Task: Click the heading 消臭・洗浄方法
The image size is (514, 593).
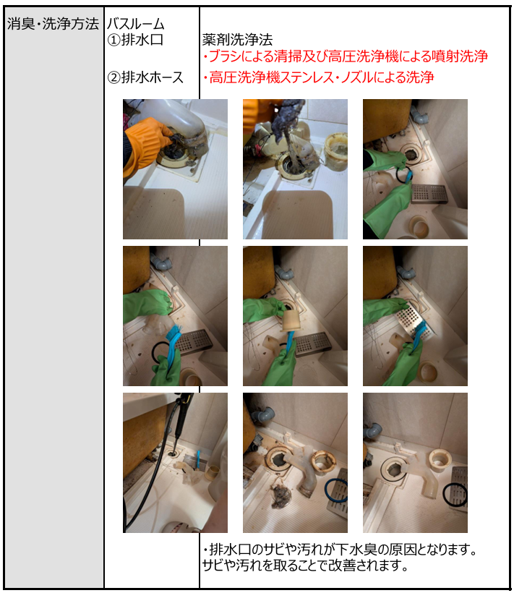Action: [x=53, y=24]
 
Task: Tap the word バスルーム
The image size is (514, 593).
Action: [x=136, y=24]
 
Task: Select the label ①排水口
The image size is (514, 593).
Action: [x=135, y=40]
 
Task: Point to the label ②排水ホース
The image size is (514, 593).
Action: [x=145, y=77]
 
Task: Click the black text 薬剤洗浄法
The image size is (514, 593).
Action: [x=237, y=40]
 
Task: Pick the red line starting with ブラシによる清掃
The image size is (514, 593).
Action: [x=345, y=56]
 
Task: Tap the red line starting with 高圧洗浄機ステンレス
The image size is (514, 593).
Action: [x=318, y=77]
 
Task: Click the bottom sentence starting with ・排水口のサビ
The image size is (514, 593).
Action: [x=340, y=550]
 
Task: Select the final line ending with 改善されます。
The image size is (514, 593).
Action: [x=305, y=566]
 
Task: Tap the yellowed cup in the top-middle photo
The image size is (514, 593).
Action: [x=335, y=150]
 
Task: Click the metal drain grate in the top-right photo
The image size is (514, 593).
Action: [x=429, y=193]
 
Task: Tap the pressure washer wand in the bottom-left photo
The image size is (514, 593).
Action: [x=181, y=419]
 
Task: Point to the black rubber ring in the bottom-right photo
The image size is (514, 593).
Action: [x=455, y=494]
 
